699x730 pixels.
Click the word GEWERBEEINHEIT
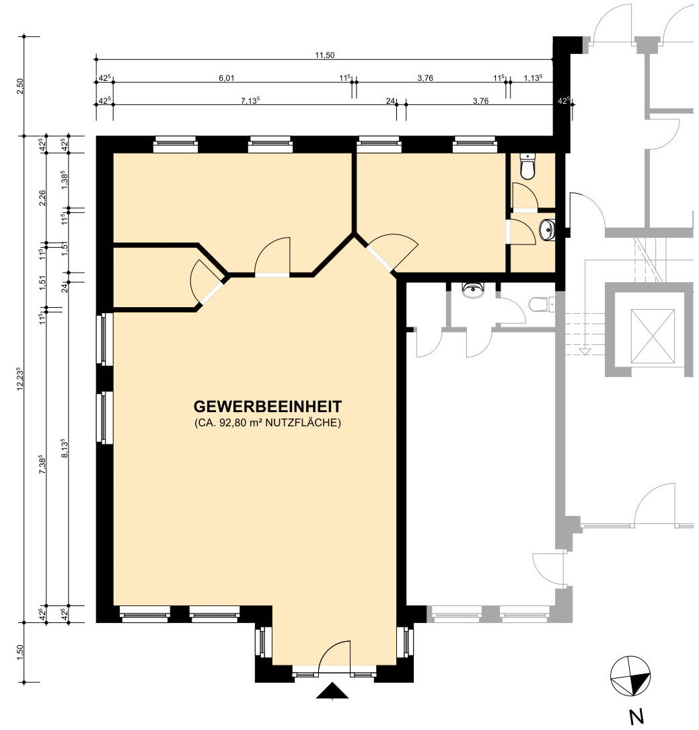pos(267,407)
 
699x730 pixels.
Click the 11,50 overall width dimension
pos(325,55)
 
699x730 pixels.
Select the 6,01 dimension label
pos(227,77)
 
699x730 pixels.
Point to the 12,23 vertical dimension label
pos(20,378)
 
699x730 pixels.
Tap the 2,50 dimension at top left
pos(20,86)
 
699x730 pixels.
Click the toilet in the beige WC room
pos(528,167)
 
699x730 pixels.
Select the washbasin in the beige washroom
pos(548,229)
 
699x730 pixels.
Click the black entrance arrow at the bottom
pos(332,690)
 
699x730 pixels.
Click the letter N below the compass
pos(636,715)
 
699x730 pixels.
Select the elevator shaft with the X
pos(652,335)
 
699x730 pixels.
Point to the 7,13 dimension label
pos(250,100)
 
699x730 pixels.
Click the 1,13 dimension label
pos(533,77)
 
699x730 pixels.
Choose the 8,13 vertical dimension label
pos(65,448)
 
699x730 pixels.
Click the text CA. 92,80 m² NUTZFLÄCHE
pos(267,423)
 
